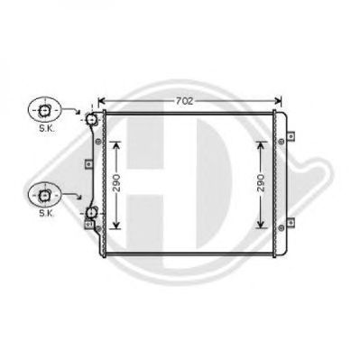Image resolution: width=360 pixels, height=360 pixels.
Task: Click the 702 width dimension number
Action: (x=184, y=101)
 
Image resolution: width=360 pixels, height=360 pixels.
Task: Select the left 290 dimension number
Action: (x=116, y=182)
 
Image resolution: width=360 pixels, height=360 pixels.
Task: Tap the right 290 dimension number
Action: (x=261, y=182)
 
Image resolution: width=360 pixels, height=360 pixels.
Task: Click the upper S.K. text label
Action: (x=47, y=128)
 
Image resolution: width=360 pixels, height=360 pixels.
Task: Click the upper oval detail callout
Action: (x=44, y=111)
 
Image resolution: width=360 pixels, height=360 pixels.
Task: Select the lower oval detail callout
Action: (x=44, y=196)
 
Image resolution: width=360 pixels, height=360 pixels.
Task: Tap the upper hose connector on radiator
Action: (x=91, y=119)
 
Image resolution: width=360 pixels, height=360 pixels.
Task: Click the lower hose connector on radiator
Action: (x=91, y=213)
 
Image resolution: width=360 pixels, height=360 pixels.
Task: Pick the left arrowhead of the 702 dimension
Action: (x=101, y=101)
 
